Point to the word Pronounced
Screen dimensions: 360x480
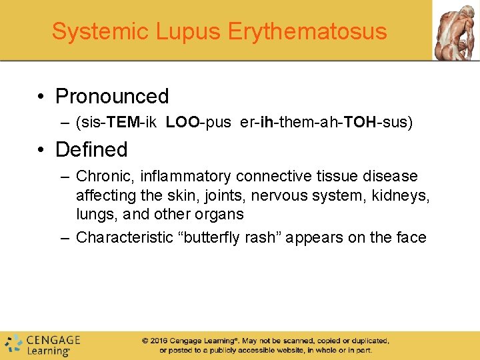coord(112,97)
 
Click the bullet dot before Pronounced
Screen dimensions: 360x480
coord(41,97)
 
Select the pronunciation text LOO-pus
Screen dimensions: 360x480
coord(198,123)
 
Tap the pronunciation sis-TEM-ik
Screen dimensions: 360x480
coord(117,123)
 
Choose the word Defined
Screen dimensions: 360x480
coord(91,149)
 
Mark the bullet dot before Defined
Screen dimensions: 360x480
coord(41,150)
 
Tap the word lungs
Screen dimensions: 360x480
coord(93,215)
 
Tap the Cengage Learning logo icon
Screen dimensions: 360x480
coord(13,344)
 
